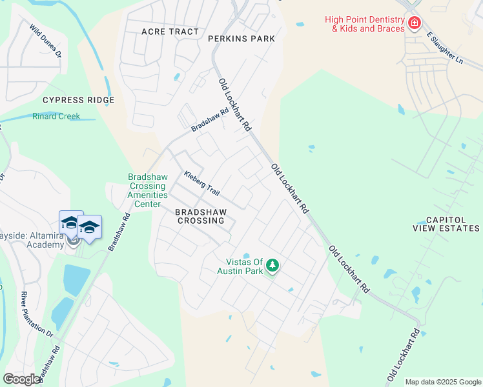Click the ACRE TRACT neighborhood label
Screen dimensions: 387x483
click(x=170, y=32)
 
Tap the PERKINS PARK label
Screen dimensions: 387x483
click(x=241, y=39)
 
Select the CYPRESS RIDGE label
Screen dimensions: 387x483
click(x=78, y=100)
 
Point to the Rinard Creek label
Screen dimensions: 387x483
click(x=56, y=116)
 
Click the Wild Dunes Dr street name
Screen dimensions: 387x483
click(x=45, y=41)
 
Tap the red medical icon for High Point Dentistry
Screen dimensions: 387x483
click(x=413, y=24)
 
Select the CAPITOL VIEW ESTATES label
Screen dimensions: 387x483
click(x=446, y=224)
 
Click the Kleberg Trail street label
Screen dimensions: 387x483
click(x=202, y=183)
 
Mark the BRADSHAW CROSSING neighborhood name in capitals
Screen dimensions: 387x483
click(x=200, y=215)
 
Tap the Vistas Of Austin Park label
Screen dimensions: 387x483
click(x=244, y=266)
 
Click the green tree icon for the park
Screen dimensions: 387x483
click(x=272, y=266)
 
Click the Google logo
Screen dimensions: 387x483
click(x=21, y=379)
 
